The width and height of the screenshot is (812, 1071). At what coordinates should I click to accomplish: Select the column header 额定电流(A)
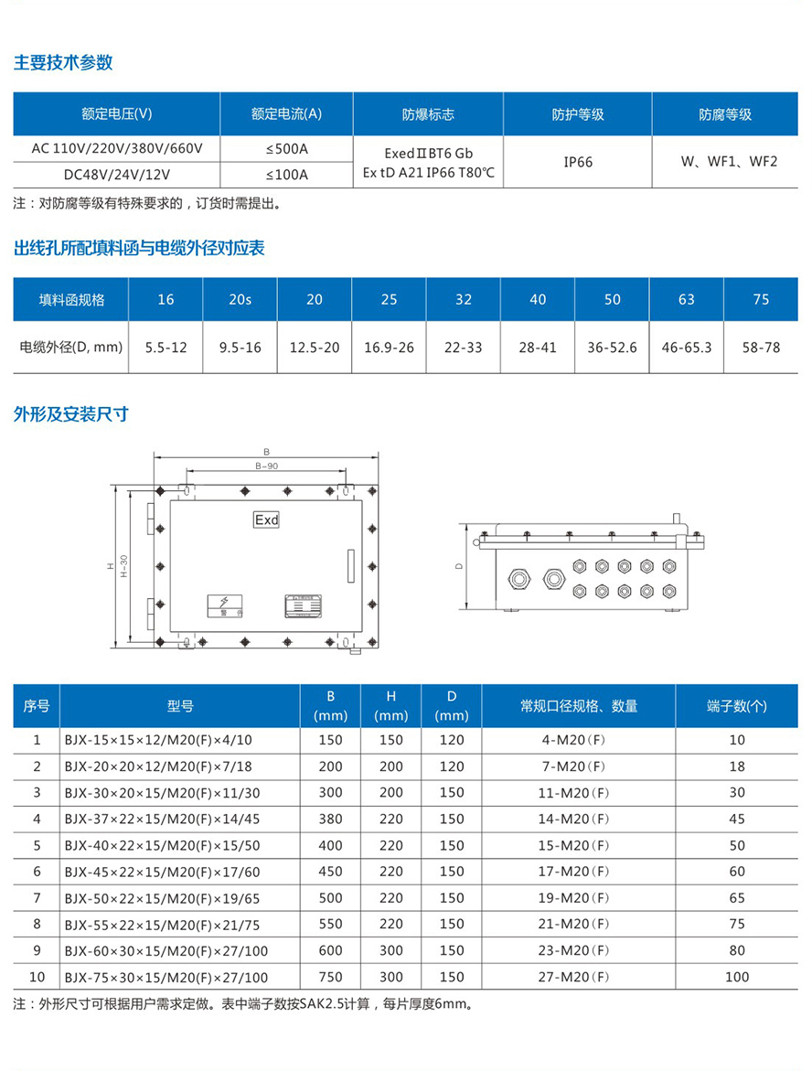[x=286, y=114]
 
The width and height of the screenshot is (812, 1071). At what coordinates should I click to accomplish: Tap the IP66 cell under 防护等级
[x=578, y=162]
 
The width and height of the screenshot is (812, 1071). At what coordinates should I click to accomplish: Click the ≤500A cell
[x=286, y=148]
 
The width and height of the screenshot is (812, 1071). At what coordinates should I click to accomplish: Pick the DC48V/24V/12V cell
[x=116, y=174]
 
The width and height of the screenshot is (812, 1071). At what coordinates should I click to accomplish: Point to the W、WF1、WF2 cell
[x=729, y=162]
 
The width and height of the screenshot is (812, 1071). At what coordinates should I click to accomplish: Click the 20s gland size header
[x=240, y=299]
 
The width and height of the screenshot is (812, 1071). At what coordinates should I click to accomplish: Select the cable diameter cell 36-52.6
[x=612, y=348]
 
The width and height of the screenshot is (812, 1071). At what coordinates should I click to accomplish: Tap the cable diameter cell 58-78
[x=761, y=348]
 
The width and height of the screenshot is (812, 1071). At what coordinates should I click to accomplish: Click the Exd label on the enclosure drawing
[x=266, y=519]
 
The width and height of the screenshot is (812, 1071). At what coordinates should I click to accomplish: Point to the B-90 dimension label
[x=265, y=466]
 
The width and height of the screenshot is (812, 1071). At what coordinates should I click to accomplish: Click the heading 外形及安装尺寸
[x=70, y=414]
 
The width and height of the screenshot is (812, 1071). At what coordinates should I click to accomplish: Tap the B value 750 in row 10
[x=330, y=977]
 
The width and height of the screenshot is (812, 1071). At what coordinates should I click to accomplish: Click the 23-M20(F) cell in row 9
[x=573, y=950]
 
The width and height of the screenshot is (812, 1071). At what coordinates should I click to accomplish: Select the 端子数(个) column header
[x=737, y=706]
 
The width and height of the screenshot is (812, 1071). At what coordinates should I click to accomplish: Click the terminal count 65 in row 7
[x=737, y=898]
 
